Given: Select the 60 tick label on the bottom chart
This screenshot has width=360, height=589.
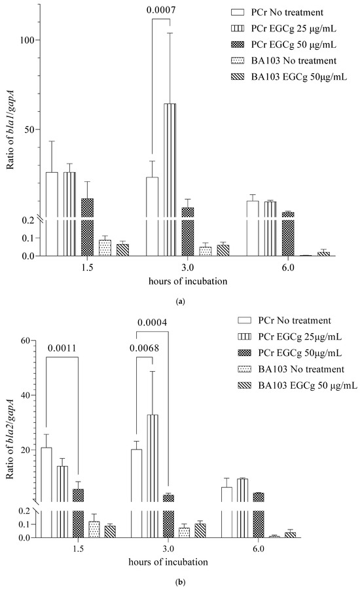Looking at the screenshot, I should tap(26, 340).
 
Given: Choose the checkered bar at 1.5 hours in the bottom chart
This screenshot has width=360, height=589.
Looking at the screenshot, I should tap(78, 510).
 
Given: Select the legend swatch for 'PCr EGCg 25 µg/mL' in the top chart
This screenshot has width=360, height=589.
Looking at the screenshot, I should tap(242, 29).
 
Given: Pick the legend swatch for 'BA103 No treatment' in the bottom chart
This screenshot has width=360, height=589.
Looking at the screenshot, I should tap(242, 370).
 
